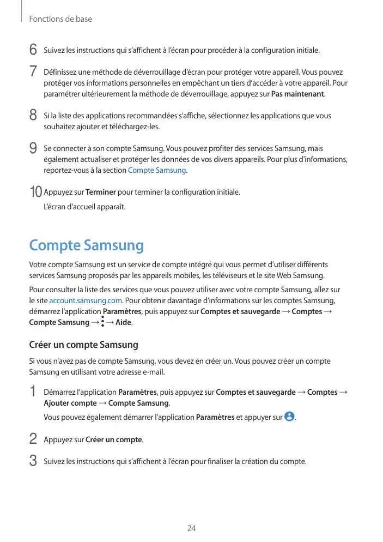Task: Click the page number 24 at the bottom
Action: (x=191, y=528)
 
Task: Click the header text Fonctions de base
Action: (x=60, y=19)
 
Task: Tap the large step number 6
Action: (x=33, y=50)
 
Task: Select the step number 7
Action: (x=33, y=72)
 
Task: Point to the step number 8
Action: (x=33, y=116)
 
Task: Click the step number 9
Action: (x=33, y=148)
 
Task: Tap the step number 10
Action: (x=35, y=192)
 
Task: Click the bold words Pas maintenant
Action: (x=297, y=94)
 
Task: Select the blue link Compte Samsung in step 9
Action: (x=157, y=171)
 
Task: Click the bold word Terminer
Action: (x=100, y=192)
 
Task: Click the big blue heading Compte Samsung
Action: (x=86, y=245)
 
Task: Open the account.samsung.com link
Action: (x=86, y=301)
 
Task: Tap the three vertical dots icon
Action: (x=102, y=323)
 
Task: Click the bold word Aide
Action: (x=124, y=323)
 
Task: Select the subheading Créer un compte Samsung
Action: (x=83, y=345)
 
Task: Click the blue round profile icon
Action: (x=289, y=417)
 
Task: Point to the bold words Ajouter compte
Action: (x=70, y=403)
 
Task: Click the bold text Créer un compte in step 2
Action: (x=114, y=439)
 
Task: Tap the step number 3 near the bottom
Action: (x=33, y=461)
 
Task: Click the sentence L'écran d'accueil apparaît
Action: (x=84, y=207)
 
